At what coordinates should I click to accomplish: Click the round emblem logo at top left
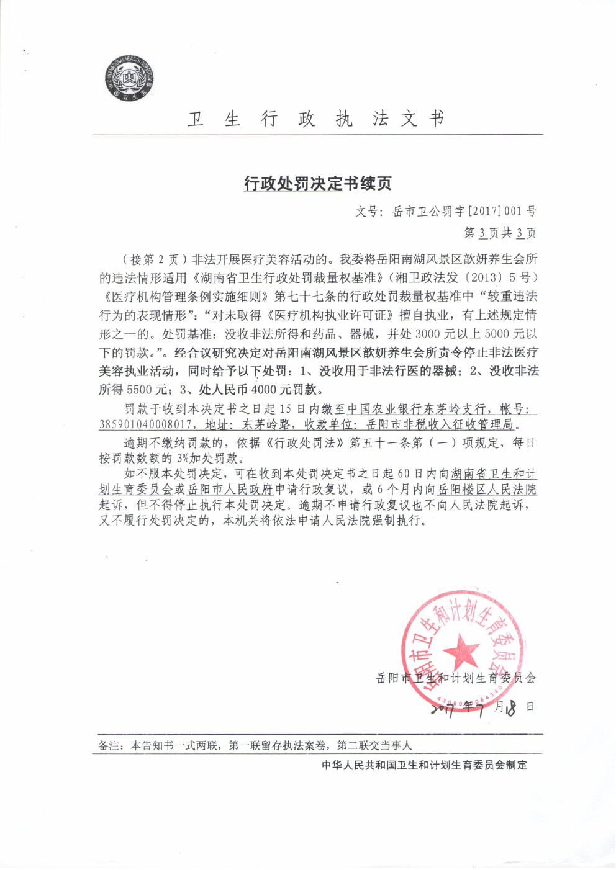129,79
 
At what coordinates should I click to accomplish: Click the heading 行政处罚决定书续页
317,184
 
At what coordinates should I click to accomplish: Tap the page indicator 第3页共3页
500,233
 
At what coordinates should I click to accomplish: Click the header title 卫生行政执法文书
317,119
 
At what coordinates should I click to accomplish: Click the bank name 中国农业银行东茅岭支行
416,410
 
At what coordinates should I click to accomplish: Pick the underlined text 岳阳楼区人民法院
487,490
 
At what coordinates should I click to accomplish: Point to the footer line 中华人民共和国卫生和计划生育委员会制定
424,765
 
